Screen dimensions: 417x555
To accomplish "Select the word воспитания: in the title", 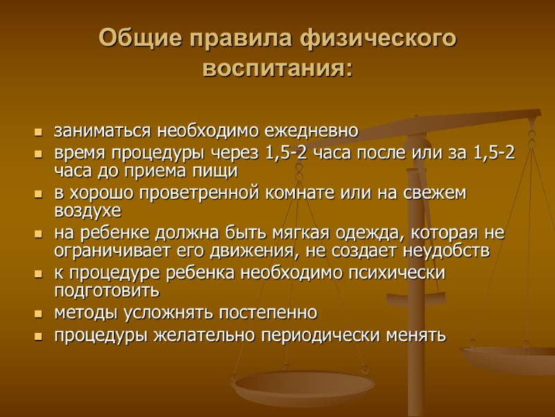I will [x=277, y=69].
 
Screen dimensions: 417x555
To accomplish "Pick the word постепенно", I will [x=264, y=311].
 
